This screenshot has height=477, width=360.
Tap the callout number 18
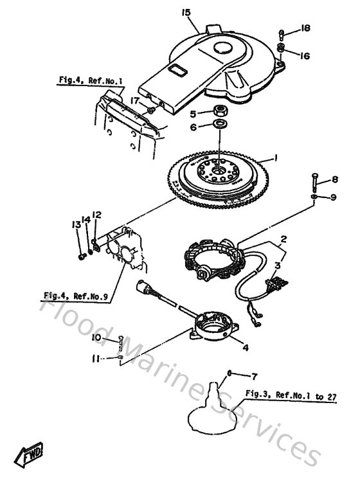(305, 28)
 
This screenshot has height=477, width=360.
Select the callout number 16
(305, 56)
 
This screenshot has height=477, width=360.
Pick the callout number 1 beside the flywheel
(274, 157)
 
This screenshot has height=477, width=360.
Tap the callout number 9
(333, 197)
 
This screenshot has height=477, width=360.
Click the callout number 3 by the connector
(278, 265)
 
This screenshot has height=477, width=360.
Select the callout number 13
(75, 223)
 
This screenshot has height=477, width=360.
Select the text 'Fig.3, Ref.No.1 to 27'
(290, 393)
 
